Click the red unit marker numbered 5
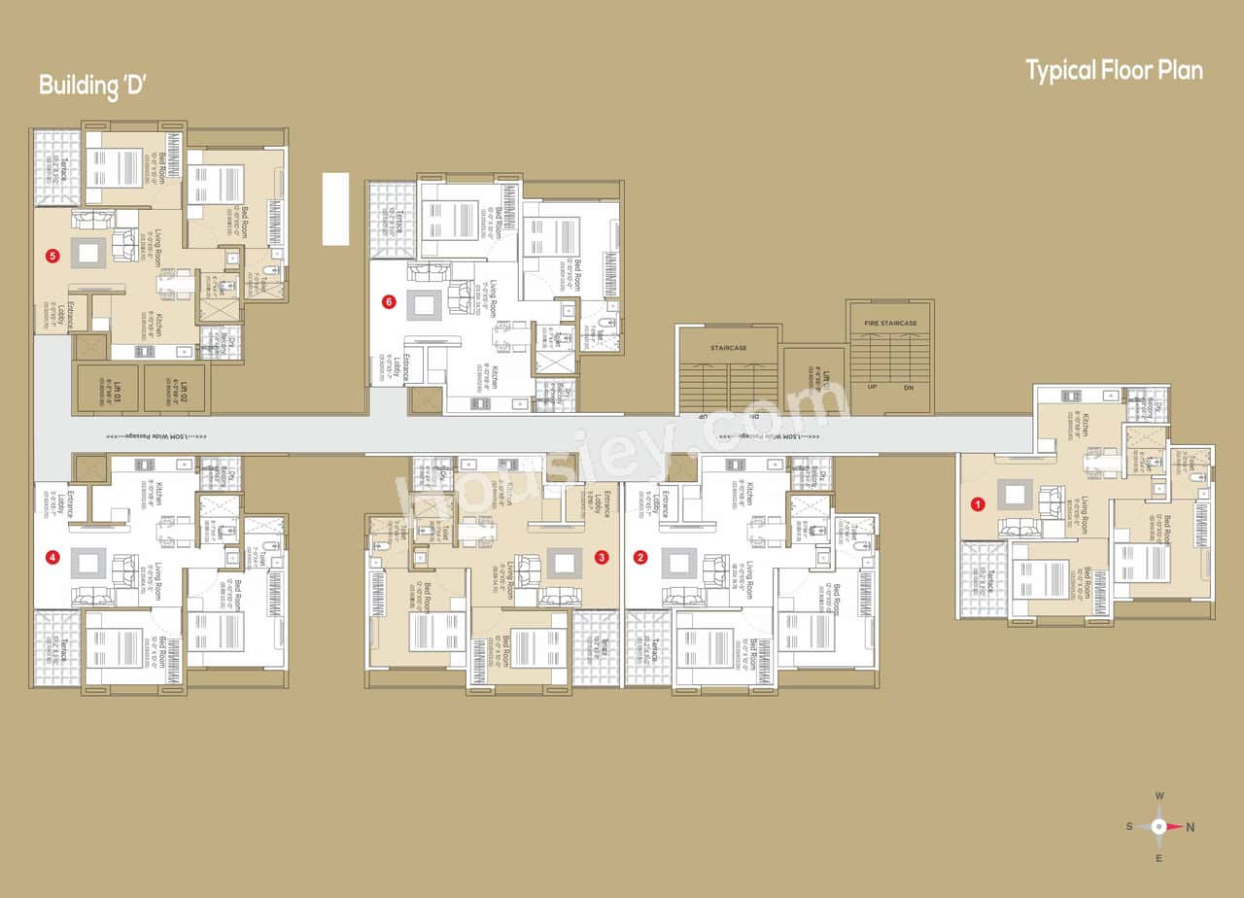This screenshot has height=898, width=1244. point(52,257)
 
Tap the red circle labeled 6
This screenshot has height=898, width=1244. point(389,302)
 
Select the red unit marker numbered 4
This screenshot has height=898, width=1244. point(52,558)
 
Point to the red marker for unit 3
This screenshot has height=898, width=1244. point(602,558)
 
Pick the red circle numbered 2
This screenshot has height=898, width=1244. point(639,558)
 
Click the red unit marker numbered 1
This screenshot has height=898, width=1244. point(978,504)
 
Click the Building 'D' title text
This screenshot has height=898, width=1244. point(92,85)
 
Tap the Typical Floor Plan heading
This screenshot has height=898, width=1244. point(1114,71)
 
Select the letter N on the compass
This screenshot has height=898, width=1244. point(1191,827)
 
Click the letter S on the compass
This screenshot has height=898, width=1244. point(1129,827)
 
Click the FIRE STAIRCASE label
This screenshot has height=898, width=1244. point(890,323)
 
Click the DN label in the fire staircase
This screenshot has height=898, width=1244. point(908,388)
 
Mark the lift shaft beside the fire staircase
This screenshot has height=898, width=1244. point(814,381)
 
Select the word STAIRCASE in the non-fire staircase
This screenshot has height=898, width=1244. point(728,348)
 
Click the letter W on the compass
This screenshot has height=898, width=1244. point(1159,797)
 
